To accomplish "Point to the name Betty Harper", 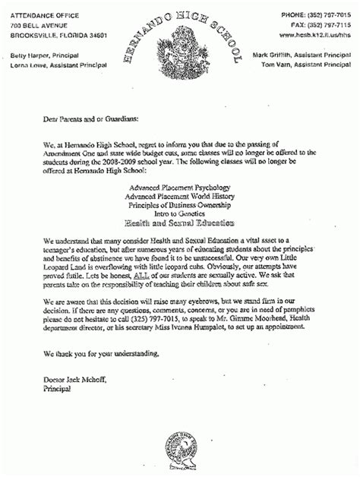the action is click(x=29, y=55).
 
